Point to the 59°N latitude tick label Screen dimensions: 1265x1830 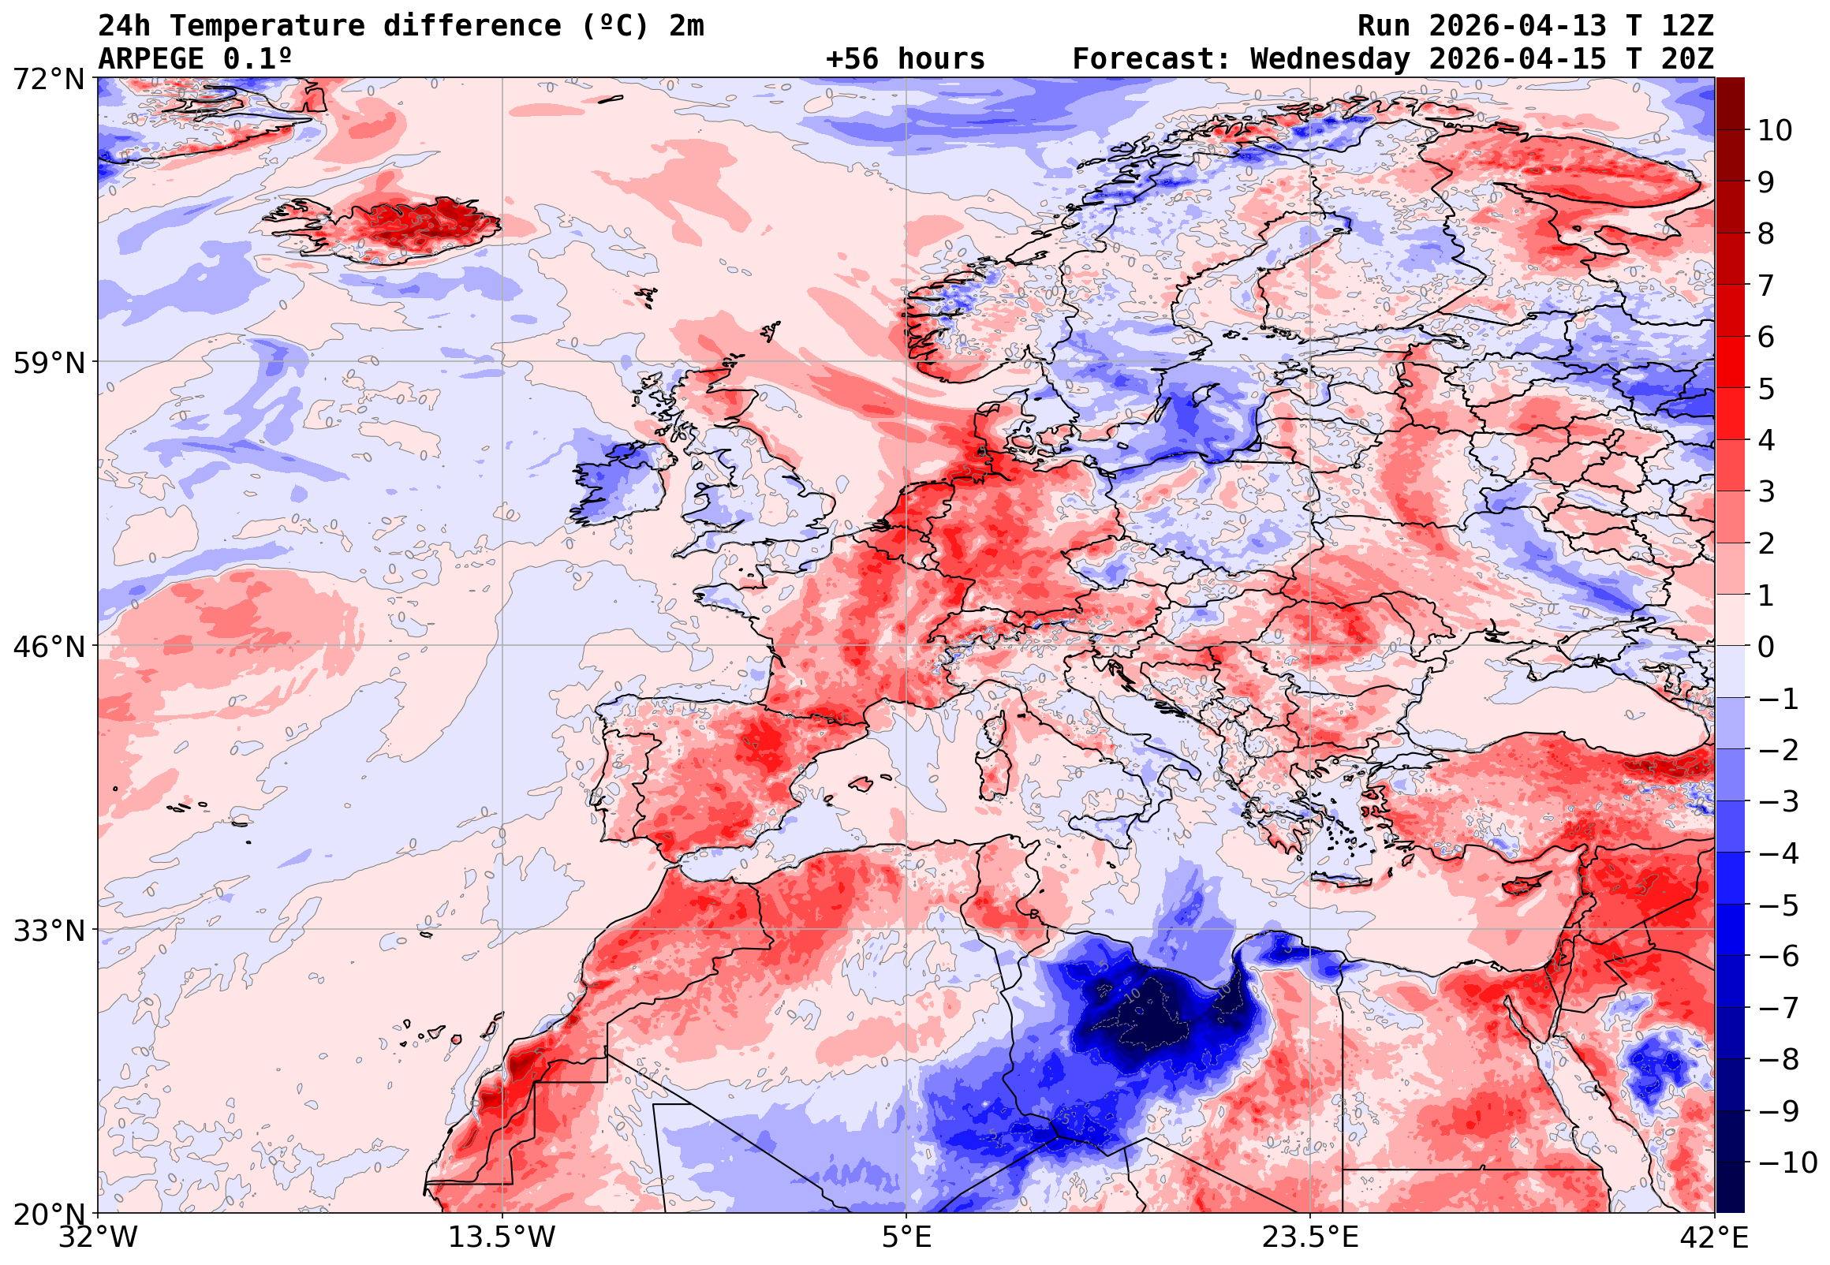point(48,363)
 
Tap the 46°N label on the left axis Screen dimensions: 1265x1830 point(48,647)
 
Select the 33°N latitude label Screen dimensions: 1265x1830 point(48,931)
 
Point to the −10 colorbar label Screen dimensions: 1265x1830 point(1787,1162)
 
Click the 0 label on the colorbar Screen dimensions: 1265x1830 point(1766,647)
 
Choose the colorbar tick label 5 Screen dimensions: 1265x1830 point(1766,389)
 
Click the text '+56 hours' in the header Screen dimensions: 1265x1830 point(905,59)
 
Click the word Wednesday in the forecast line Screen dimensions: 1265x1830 point(1331,59)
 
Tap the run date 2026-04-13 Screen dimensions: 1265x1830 point(1518,26)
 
